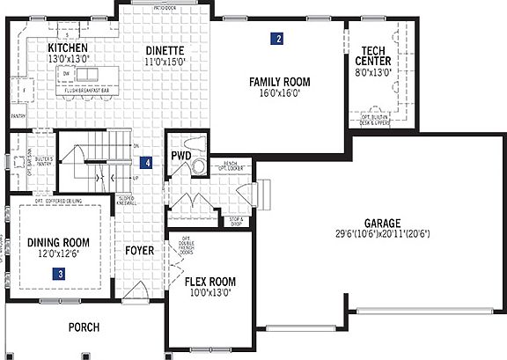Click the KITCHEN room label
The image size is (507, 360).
tap(67, 48)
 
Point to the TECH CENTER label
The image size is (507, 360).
tap(374, 55)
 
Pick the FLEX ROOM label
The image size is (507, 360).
tap(209, 283)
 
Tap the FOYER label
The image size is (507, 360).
tap(139, 251)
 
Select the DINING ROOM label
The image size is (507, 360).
tap(59, 242)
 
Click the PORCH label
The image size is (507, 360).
tap(84, 327)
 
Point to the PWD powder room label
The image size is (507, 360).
tap(180, 156)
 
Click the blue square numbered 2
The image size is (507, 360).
tap(277, 39)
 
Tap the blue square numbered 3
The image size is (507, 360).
tap(59, 274)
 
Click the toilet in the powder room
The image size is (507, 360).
tap(197, 164)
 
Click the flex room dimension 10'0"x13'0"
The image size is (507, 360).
tap(209, 293)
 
